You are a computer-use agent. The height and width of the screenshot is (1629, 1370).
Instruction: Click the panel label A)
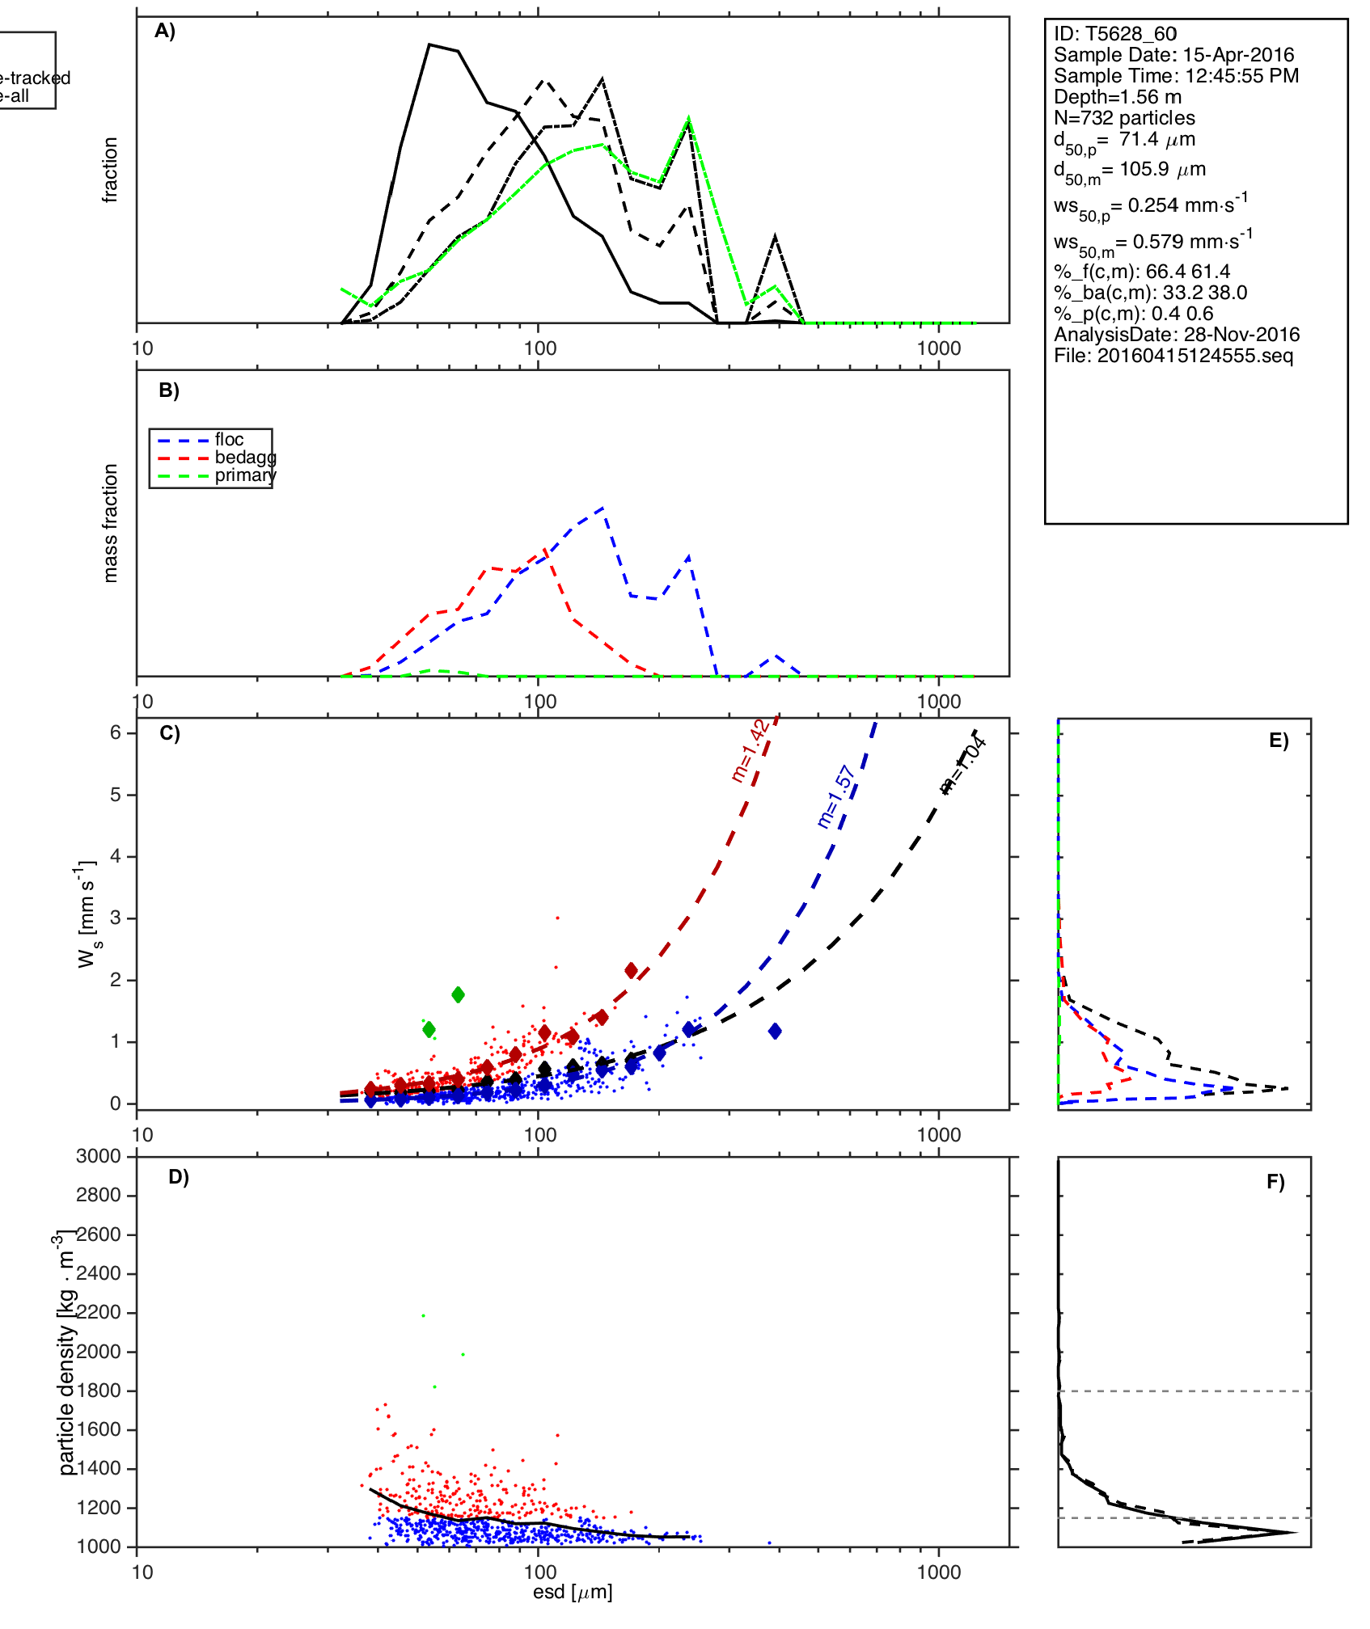pos(165,32)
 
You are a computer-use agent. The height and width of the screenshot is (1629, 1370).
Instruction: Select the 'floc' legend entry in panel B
pos(229,440)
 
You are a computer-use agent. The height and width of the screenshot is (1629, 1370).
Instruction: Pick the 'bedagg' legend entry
pos(245,458)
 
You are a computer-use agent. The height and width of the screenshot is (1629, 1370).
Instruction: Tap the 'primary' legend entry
pos(245,475)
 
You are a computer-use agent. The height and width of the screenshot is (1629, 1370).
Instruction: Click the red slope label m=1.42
pos(749,751)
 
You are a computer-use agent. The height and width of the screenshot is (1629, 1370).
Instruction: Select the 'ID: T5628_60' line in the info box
pos(1114,34)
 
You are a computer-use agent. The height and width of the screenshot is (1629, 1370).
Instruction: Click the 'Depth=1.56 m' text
pos(1117,97)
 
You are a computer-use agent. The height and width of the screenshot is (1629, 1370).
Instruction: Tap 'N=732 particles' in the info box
pos(1124,118)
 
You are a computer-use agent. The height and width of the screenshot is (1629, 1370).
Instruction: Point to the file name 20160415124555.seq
pos(1173,356)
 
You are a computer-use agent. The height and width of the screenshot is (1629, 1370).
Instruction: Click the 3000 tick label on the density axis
pos(99,1156)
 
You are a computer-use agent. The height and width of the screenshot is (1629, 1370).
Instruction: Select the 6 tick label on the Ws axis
pos(116,732)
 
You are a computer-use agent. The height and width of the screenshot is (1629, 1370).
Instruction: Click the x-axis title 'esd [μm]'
pos(573,1592)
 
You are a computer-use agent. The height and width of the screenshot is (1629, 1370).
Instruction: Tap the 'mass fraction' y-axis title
pos(111,523)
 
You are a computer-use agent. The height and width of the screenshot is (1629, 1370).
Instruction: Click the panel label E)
pos(1278,741)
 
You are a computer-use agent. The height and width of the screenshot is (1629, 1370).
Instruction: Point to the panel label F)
pos(1275,1182)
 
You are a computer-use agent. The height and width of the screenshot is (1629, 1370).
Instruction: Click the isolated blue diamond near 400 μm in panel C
pos(775,1031)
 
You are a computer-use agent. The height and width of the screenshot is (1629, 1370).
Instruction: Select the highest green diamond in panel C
pos(458,994)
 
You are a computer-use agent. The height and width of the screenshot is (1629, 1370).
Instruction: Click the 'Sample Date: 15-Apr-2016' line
pos(1173,55)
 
